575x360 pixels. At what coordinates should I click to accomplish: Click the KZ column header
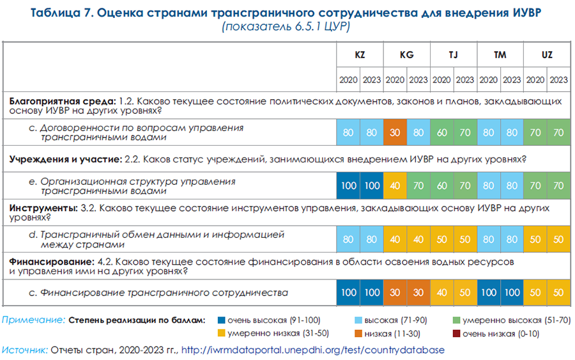tap(360, 55)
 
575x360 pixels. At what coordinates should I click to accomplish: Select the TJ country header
tap(454, 55)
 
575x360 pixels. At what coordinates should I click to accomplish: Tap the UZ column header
tap(547, 55)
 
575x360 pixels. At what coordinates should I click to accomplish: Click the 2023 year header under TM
tap(512, 80)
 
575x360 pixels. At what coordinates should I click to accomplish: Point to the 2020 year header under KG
tap(395, 80)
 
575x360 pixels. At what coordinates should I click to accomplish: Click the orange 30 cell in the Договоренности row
tap(395, 132)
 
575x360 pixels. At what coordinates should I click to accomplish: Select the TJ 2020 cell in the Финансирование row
tap(442, 293)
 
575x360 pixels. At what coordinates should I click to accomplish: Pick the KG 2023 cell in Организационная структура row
tap(418, 185)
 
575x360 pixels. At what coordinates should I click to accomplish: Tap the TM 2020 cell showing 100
tap(489, 293)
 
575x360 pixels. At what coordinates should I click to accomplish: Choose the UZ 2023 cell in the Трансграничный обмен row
tap(558, 239)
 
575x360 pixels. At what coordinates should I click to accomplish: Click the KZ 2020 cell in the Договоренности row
tap(348, 132)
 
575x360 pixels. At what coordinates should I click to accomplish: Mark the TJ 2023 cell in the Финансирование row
tap(465, 293)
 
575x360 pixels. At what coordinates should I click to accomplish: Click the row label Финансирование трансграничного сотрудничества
tap(164, 293)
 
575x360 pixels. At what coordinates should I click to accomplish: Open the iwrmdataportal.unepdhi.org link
tap(312, 350)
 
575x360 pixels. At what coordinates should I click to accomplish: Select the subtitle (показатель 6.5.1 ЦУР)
tap(286, 29)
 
